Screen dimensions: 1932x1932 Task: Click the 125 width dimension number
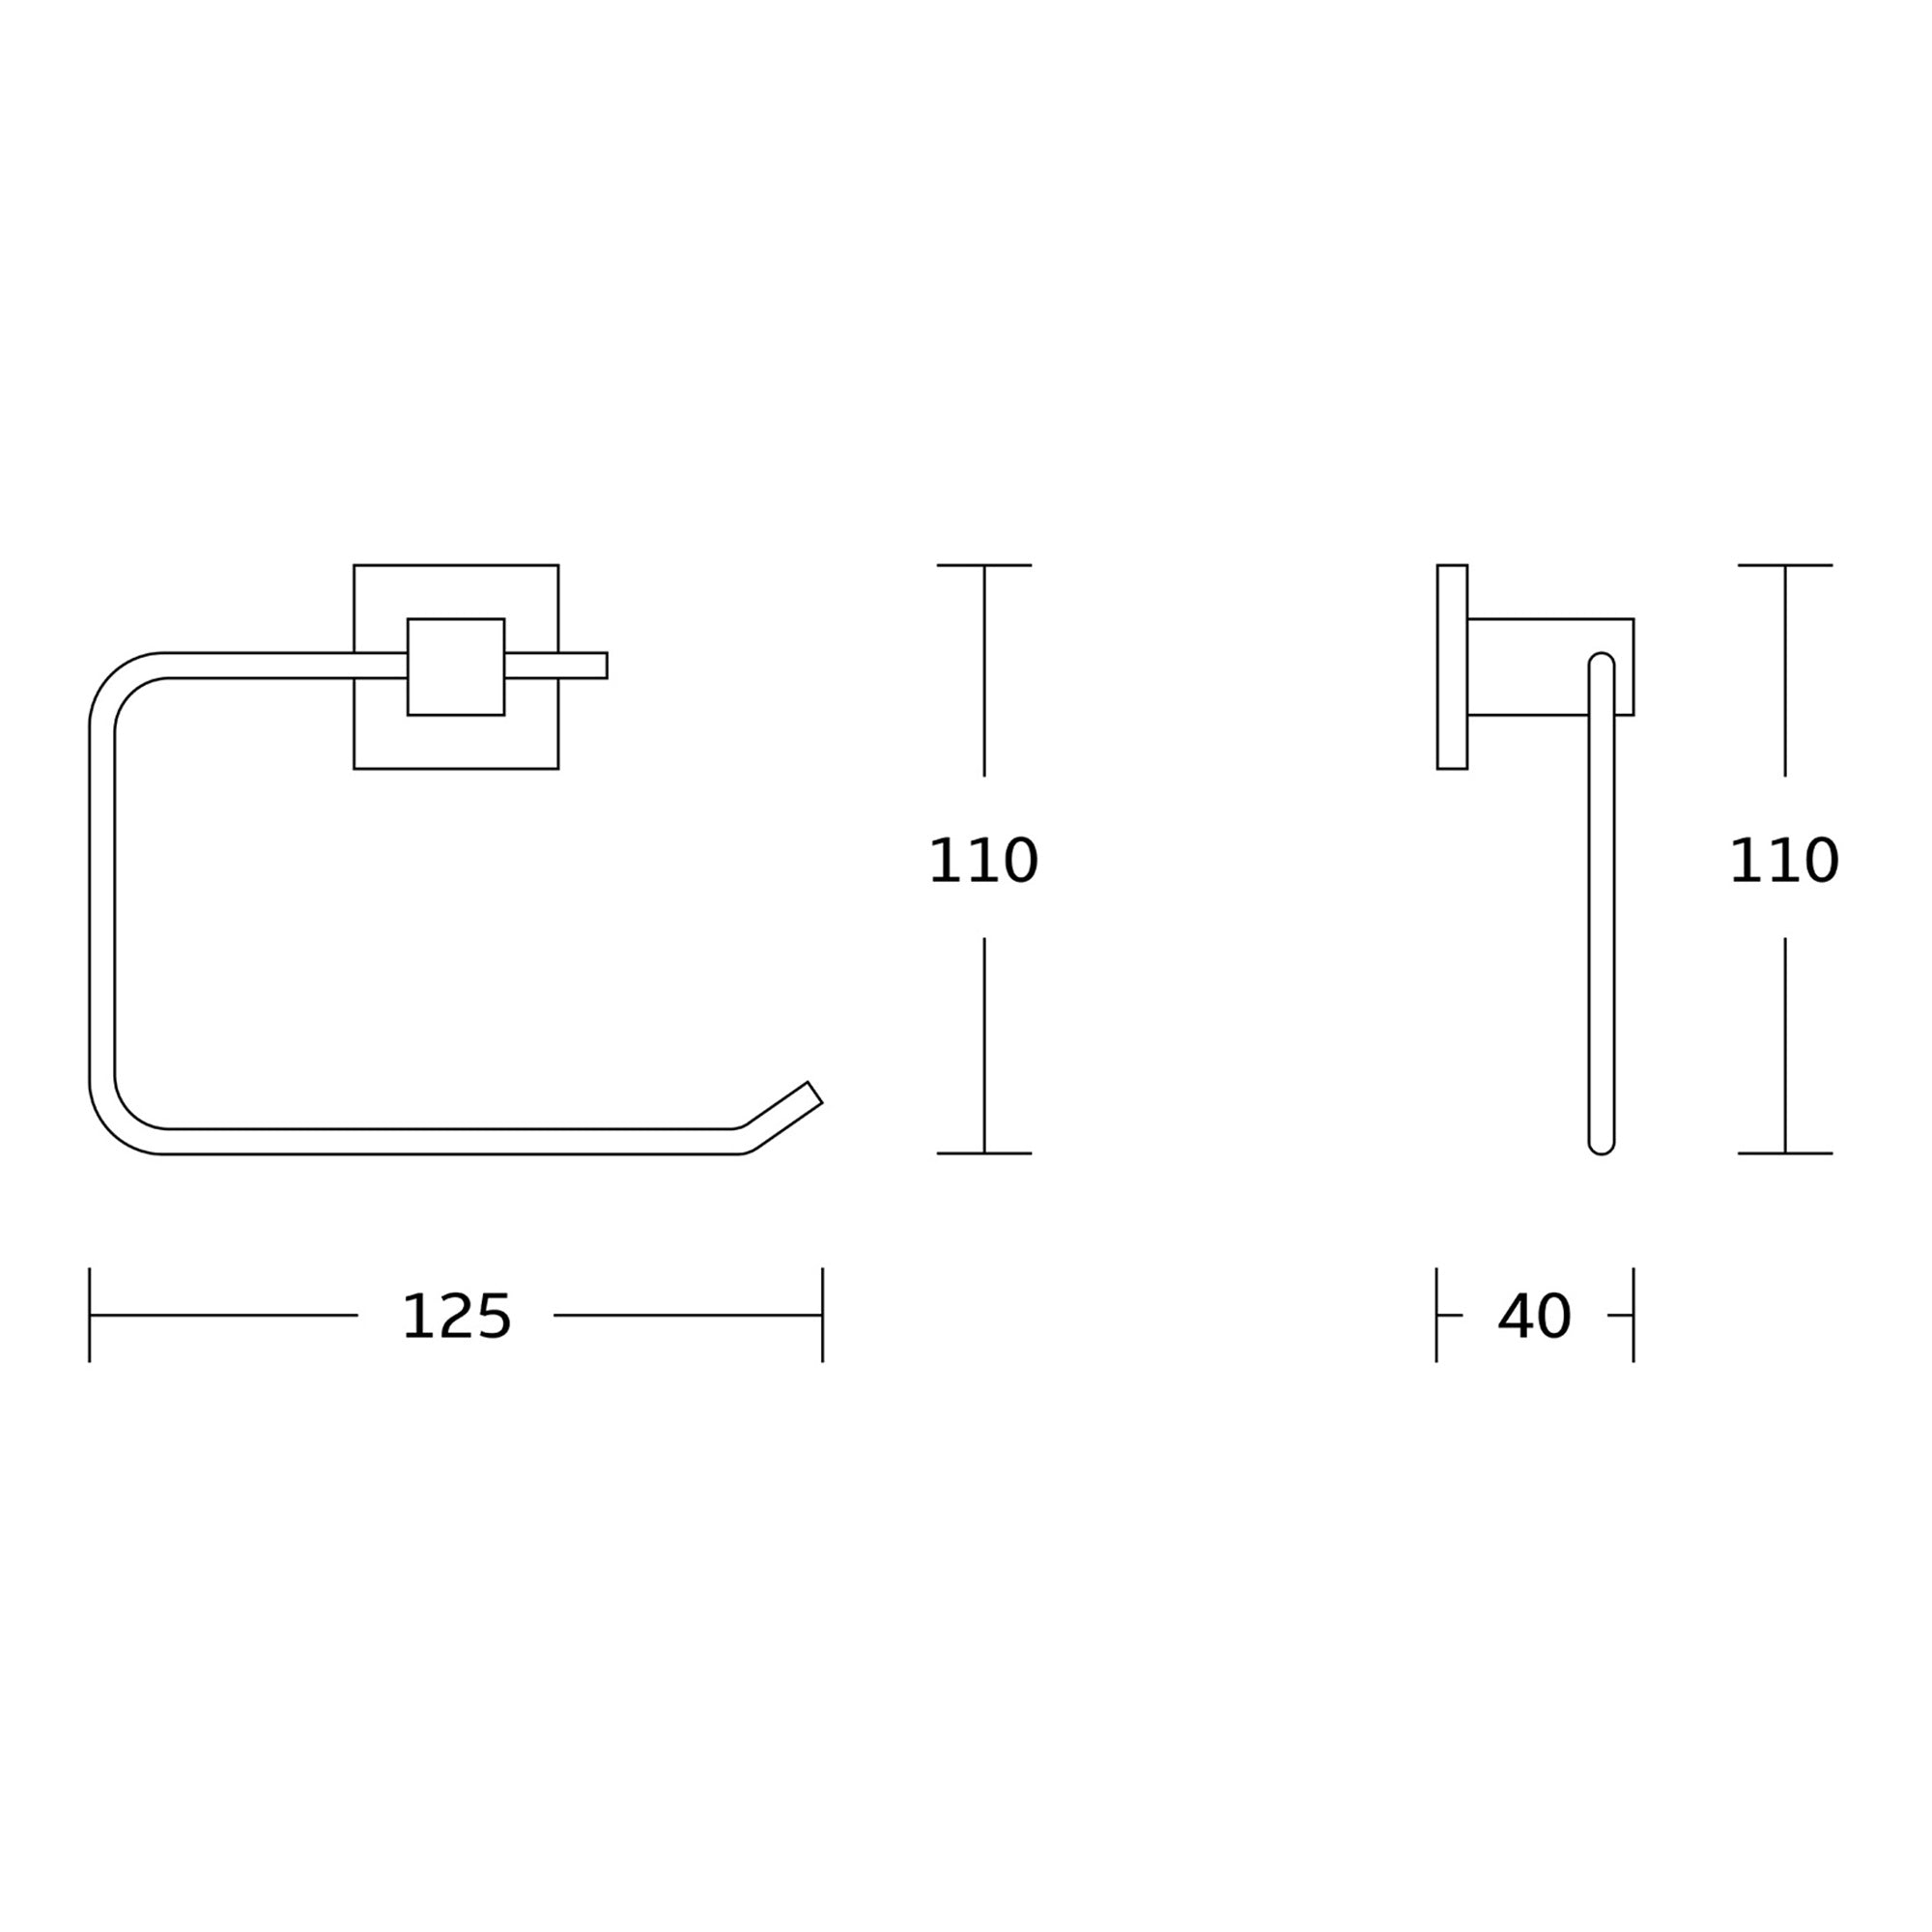[x=456, y=1317]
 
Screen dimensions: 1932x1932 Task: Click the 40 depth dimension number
[x=1534, y=1317]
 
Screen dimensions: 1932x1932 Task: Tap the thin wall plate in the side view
[x=1452, y=667]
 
